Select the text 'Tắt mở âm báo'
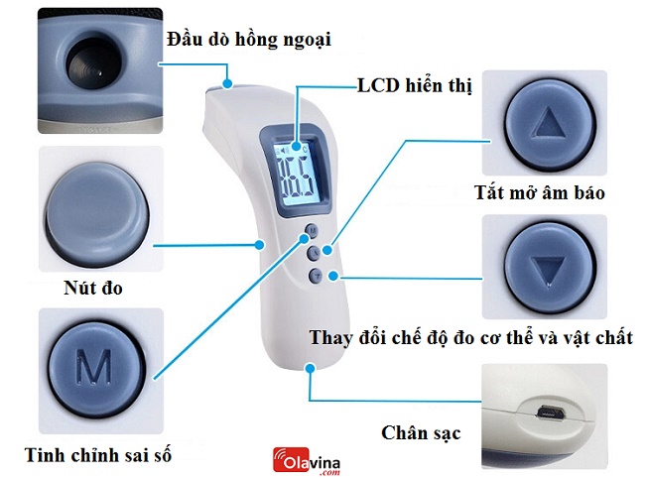[x=539, y=192]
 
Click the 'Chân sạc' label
[x=421, y=433]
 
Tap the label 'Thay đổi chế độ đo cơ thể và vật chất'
[x=471, y=338]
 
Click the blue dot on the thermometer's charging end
[x=312, y=367]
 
